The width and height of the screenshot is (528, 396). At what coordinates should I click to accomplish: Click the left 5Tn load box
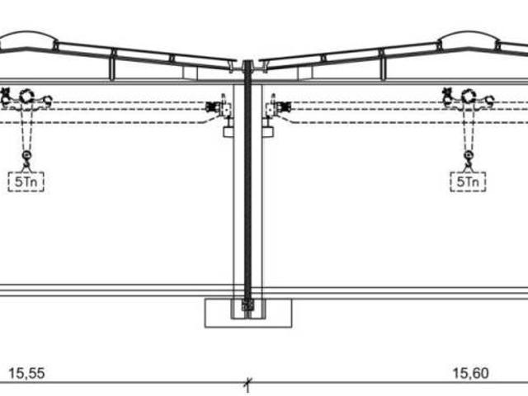(26, 181)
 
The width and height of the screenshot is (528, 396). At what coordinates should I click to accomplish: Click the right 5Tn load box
(468, 181)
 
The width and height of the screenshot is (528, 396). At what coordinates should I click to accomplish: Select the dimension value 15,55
(26, 374)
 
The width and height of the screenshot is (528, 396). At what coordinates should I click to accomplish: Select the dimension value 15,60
(470, 374)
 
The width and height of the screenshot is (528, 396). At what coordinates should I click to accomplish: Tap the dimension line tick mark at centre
(248, 382)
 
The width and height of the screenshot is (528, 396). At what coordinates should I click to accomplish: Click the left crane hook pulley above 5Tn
(26, 155)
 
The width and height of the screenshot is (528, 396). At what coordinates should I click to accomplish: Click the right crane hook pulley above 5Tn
(469, 155)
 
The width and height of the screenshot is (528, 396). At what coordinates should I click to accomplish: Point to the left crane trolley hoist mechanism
(26, 98)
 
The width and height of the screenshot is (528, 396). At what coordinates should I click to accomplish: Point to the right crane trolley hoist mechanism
(468, 98)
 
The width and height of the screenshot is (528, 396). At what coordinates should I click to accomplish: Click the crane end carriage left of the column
(219, 107)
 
